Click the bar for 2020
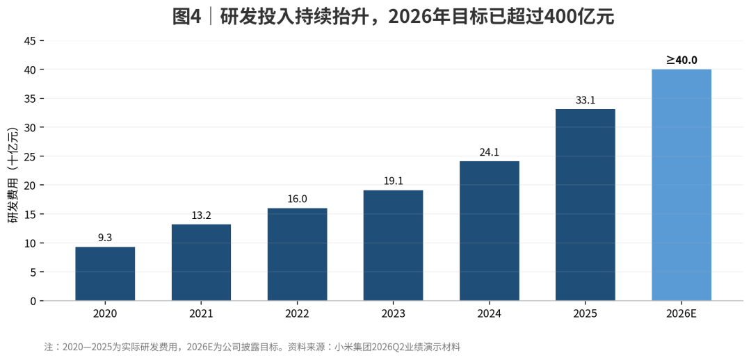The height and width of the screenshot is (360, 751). tap(105, 274)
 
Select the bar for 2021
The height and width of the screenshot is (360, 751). tap(201, 262)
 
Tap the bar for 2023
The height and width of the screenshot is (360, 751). tap(393, 245)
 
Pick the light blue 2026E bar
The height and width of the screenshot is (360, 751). tap(681, 186)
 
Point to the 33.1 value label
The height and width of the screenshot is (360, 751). tap(586, 101)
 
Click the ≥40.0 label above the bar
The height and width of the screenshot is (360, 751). tap(681, 60)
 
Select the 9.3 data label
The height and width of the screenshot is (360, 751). tap(105, 238)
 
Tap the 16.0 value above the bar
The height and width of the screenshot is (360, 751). tap(297, 199)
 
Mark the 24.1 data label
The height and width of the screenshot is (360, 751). tap(490, 153)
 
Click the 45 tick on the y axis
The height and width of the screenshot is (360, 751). tap(30, 41)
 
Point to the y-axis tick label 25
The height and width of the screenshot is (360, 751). tap(30, 156)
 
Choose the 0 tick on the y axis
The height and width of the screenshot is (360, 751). tap(33, 301)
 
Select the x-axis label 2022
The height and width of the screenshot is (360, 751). tap(297, 314)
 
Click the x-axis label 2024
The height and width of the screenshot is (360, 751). tap(490, 314)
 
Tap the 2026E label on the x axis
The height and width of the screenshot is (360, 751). tap(681, 314)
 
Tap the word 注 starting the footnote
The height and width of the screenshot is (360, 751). tap(48, 347)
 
